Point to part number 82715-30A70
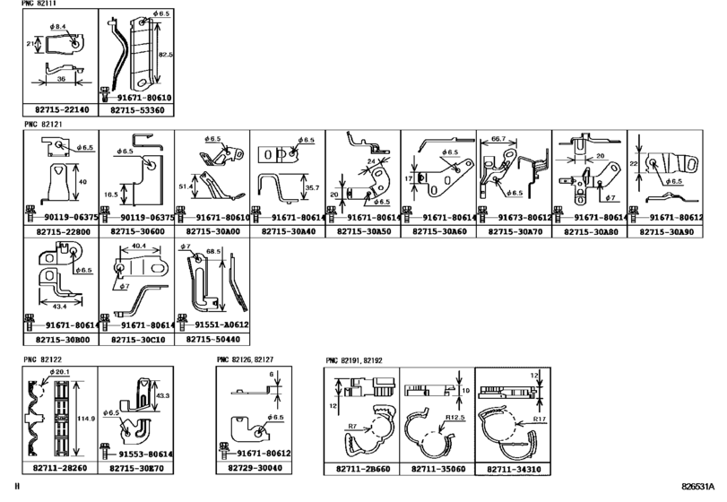point(514,231)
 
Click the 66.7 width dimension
point(497,140)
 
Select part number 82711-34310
point(511,469)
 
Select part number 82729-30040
point(255,469)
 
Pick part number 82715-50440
point(212,341)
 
